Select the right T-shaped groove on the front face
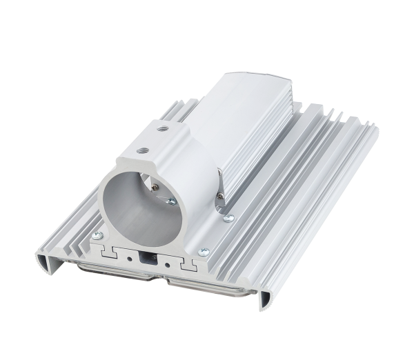188,266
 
